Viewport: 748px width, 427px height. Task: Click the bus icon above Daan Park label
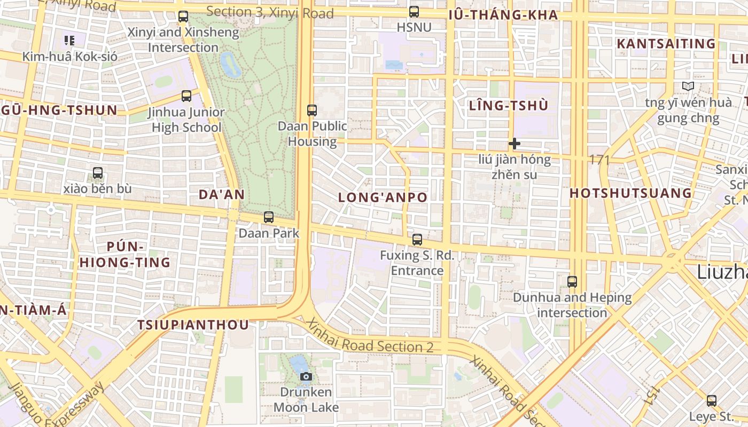click(269, 217)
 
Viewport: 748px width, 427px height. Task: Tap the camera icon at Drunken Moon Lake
click(306, 376)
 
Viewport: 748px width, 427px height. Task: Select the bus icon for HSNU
click(414, 11)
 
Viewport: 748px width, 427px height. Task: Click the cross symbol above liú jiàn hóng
click(515, 144)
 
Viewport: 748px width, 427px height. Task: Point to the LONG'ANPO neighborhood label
click(383, 197)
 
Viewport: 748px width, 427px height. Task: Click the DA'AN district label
click(222, 194)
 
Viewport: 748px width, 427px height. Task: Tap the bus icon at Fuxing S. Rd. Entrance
click(417, 240)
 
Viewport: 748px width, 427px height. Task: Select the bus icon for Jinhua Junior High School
click(186, 96)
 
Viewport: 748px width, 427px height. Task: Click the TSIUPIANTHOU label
click(193, 325)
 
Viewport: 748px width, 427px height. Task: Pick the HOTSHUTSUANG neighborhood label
click(631, 193)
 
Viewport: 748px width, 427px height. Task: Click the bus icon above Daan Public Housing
click(312, 110)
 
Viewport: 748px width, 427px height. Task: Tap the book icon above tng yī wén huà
click(688, 86)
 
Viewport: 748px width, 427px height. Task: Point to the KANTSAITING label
click(666, 44)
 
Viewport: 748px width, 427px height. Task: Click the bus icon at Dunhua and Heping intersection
click(572, 281)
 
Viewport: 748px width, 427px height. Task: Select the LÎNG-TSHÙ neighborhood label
click(509, 106)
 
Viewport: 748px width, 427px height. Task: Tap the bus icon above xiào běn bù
click(98, 173)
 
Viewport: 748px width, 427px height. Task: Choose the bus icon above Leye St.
click(711, 401)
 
